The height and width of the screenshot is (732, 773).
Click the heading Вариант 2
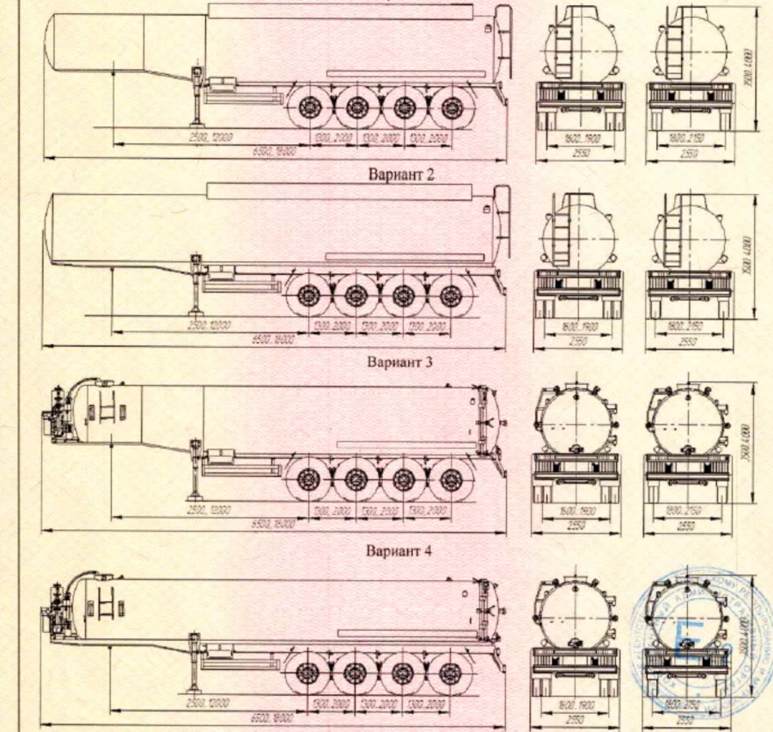tap(401, 175)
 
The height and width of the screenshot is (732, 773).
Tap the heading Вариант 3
tap(401, 362)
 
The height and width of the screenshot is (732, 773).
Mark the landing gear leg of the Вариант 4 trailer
tap(194, 667)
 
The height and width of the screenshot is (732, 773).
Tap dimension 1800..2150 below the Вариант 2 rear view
tap(688, 328)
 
